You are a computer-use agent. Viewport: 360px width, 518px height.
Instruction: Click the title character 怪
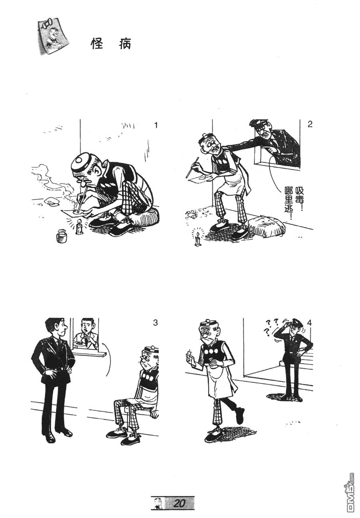coord(98,44)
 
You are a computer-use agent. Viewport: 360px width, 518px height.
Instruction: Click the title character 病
coord(125,44)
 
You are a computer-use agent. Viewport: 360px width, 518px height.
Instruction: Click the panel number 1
coord(156,125)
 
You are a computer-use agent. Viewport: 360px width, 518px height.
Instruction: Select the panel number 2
coord(310,124)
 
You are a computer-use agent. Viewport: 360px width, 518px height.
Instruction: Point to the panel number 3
coord(155,323)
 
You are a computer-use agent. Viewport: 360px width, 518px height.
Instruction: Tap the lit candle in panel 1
coord(80,228)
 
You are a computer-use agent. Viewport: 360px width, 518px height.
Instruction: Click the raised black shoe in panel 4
coord(240,415)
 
